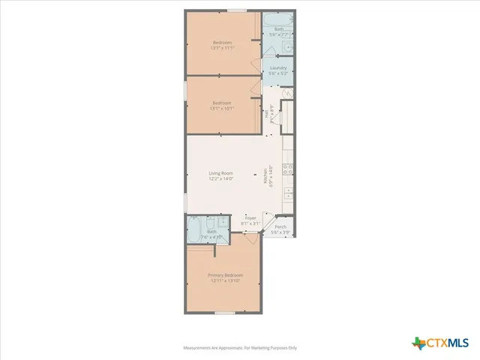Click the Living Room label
pyautogui.click(x=221, y=173)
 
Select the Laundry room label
pyautogui.click(x=278, y=67)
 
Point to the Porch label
pyautogui.click(x=280, y=226)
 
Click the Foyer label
pyautogui.click(x=250, y=218)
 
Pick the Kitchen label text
pyautogui.click(x=265, y=175)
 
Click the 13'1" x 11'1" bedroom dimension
pyautogui.click(x=223, y=48)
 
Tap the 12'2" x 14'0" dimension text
pyautogui.click(x=221, y=179)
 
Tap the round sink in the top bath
pyautogui.click(x=288, y=48)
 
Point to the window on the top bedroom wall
pyautogui.click(x=237, y=10)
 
